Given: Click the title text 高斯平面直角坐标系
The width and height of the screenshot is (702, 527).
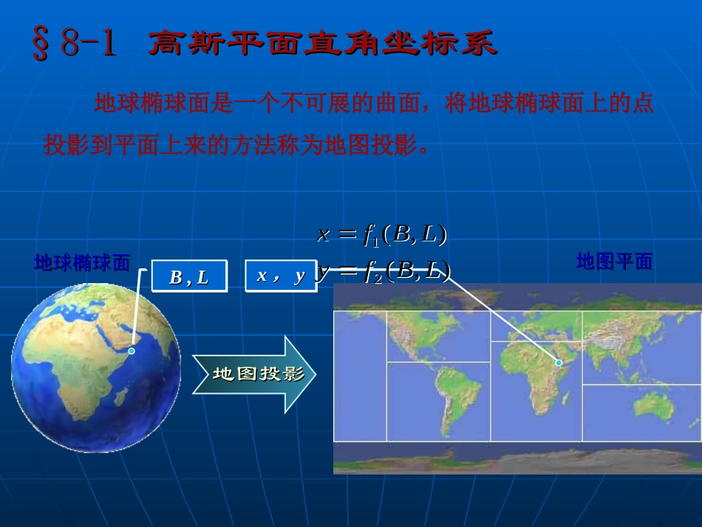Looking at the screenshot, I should [x=323, y=44].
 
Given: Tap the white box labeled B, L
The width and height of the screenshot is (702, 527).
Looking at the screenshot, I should [x=189, y=276].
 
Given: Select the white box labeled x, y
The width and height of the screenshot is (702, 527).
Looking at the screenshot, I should [x=281, y=276].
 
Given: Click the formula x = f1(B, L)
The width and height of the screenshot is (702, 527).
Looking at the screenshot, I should [x=382, y=234].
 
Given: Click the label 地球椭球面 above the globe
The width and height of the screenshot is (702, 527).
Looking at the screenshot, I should [x=83, y=262].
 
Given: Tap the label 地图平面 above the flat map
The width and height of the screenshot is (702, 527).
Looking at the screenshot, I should [x=614, y=262].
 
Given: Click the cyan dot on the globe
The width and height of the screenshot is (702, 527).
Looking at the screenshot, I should [x=132, y=351].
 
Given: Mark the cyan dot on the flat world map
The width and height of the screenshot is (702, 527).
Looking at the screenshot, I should [x=559, y=363].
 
